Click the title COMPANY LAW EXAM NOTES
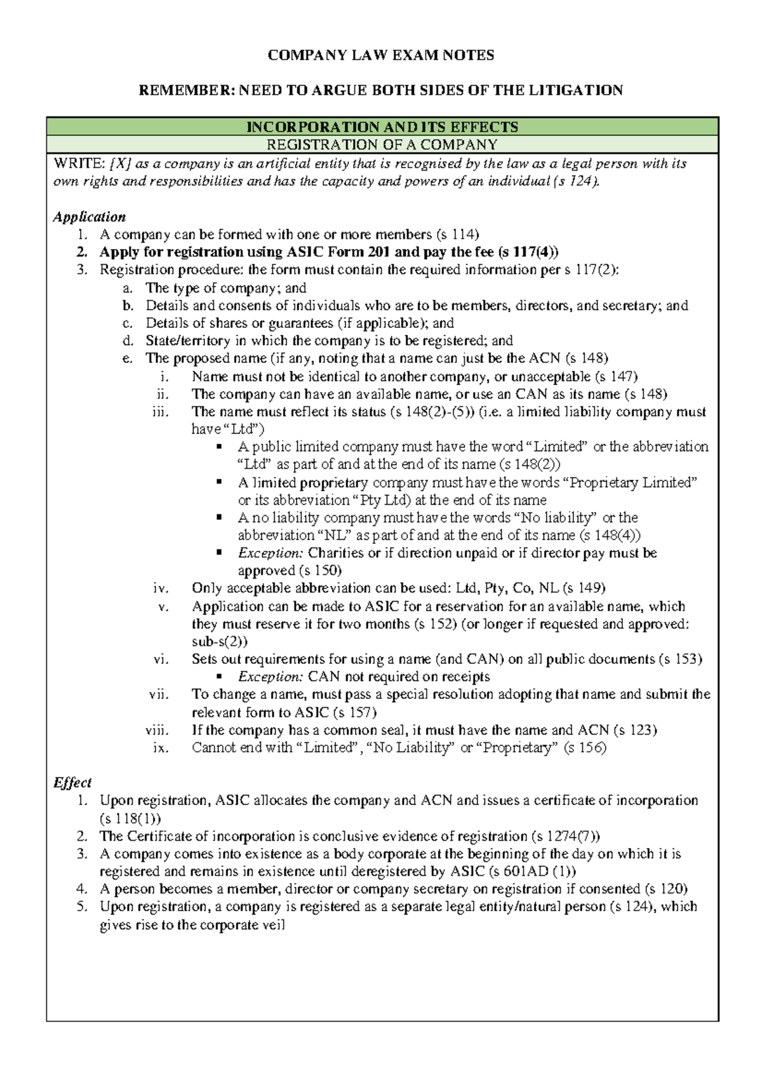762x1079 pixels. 380,55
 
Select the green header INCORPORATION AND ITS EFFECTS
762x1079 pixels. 382,126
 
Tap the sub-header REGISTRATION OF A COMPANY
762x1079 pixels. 382,144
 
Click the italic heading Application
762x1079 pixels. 90,217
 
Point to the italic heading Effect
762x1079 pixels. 72,782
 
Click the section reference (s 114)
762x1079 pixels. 457,234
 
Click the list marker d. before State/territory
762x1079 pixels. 128,341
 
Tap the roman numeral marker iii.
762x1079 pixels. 161,411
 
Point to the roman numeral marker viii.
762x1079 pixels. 157,730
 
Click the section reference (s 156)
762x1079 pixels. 585,747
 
